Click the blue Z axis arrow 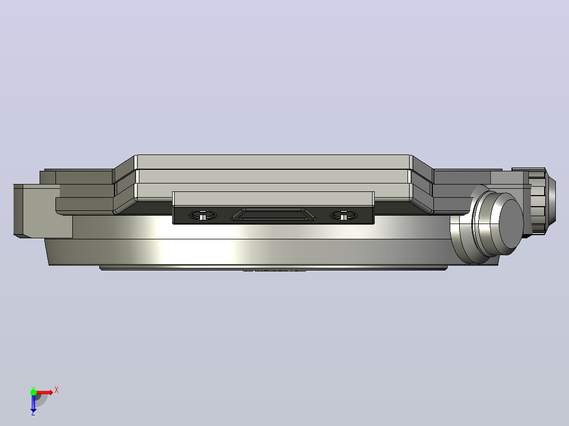point(33,403)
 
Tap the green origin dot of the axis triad point(33,392)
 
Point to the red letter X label point(56,390)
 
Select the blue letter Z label point(33,413)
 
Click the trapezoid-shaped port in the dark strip point(273,215)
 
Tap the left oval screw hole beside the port point(203,215)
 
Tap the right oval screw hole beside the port point(343,215)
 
